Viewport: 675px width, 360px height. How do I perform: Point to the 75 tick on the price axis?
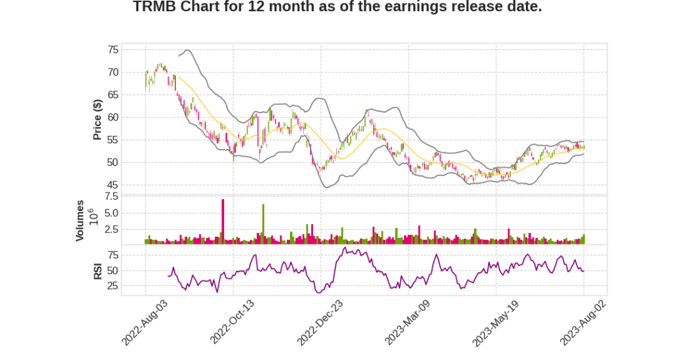[x=113, y=49]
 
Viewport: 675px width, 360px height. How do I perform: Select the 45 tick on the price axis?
[x=113, y=185]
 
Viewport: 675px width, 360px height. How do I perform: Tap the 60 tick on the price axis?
[x=113, y=117]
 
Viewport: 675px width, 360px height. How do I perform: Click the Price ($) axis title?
[x=98, y=119]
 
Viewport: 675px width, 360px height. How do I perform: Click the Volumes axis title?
[x=80, y=220]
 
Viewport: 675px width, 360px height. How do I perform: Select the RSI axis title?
[x=98, y=270]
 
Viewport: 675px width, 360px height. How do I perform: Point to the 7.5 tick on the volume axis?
[x=111, y=196]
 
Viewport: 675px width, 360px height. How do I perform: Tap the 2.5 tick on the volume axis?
[x=111, y=229]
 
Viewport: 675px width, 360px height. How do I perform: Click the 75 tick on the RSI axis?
[x=113, y=255]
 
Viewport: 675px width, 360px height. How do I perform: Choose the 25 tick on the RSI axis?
[x=113, y=286]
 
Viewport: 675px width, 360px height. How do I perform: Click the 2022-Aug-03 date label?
[x=145, y=322]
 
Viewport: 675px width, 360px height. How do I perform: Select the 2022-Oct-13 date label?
[x=232, y=322]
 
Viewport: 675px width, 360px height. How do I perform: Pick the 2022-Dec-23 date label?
[x=320, y=322]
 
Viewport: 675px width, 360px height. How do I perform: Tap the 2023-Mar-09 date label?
[x=407, y=322]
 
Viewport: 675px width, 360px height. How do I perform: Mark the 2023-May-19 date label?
[x=495, y=322]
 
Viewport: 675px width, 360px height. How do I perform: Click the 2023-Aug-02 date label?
[x=583, y=322]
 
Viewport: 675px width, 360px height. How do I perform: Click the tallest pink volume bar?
[x=223, y=222]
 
